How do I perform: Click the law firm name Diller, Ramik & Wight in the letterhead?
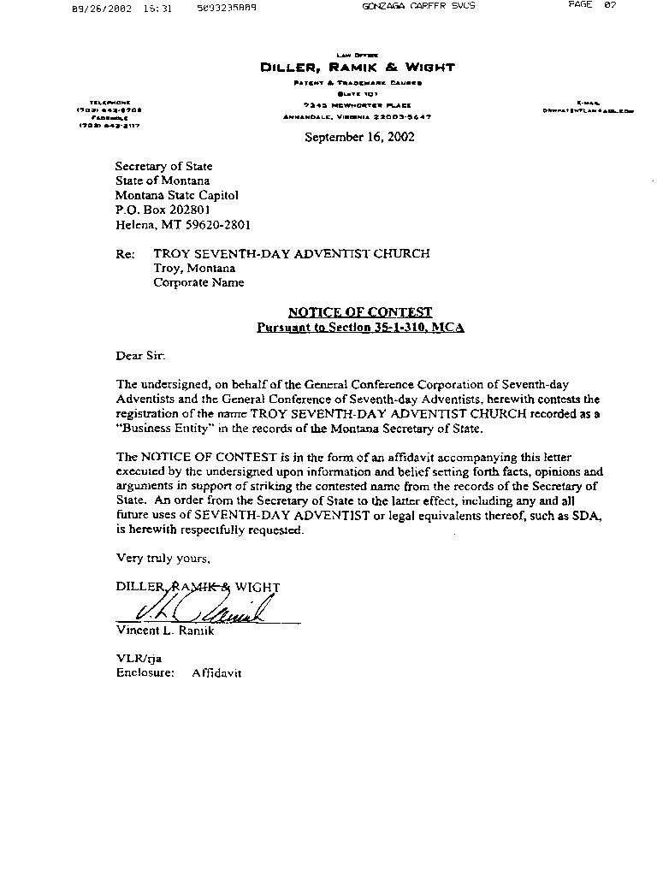[358, 68]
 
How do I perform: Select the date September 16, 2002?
[359, 137]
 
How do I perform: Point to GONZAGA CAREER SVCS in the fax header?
[419, 6]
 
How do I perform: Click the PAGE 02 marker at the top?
[592, 5]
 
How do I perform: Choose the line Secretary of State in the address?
[164, 166]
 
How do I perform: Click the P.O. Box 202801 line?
[163, 210]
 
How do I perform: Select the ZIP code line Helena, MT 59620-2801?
[183, 225]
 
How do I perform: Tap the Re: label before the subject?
[125, 254]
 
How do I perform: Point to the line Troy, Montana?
[194, 268]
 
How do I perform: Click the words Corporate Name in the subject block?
[198, 282]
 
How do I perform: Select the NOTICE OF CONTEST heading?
[359, 312]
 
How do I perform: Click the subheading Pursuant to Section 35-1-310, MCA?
[360, 328]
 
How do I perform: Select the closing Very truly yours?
[163, 558]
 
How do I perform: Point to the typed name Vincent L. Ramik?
[165, 630]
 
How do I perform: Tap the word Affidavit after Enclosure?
[216, 673]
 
